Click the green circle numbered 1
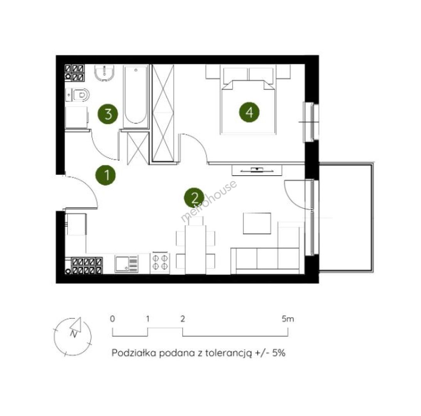(x=106, y=175)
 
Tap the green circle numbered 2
(x=195, y=198)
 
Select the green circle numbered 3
(x=108, y=114)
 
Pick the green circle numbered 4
(x=249, y=112)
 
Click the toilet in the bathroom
(x=77, y=95)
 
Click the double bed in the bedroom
(x=248, y=99)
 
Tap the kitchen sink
(x=127, y=264)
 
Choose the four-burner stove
(x=160, y=262)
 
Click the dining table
(x=195, y=250)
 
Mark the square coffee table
(x=257, y=223)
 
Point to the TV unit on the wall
(x=257, y=170)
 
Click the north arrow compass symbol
(x=72, y=336)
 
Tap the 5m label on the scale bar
(x=288, y=319)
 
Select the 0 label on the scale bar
(x=112, y=319)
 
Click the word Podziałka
(x=134, y=352)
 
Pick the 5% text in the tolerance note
(x=279, y=352)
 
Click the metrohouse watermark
(x=209, y=201)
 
